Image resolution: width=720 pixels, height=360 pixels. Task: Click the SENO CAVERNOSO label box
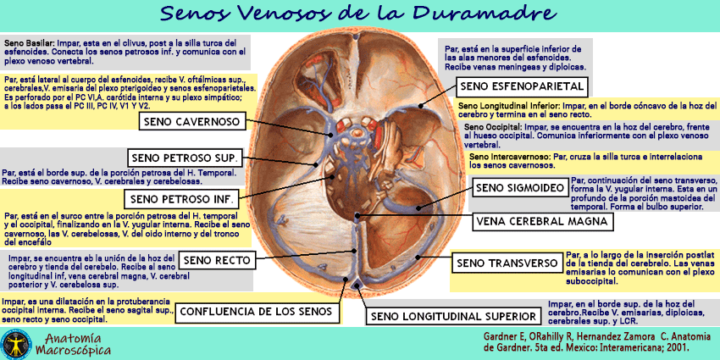[192, 122]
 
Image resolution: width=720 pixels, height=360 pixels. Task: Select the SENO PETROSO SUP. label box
[185, 158]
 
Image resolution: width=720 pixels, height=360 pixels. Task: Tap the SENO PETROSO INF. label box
[181, 199]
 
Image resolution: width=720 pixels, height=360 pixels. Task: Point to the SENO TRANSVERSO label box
[506, 263]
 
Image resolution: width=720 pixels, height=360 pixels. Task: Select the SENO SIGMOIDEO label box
[518, 187]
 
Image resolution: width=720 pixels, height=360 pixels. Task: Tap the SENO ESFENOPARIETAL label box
[522, 86]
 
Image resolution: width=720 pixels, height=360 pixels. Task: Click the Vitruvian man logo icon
[15, 341]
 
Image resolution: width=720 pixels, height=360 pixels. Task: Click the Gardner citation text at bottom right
[595, 341]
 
